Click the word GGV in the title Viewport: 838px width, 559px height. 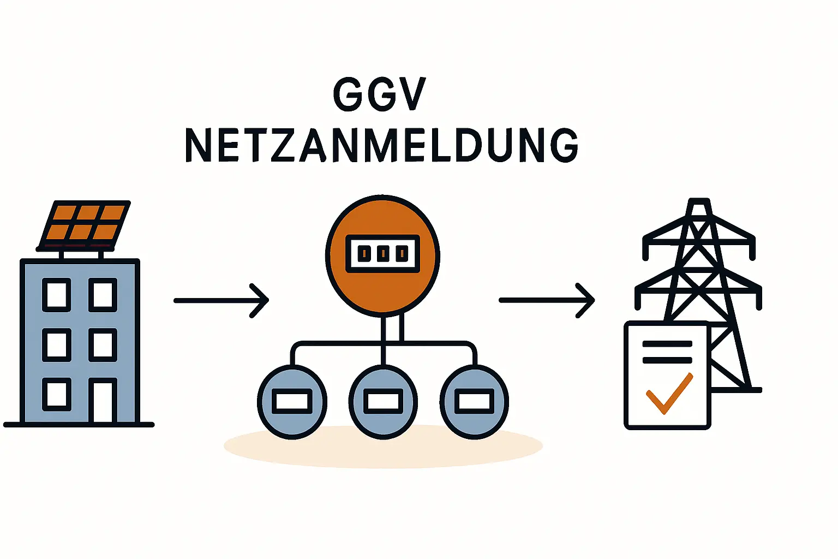[x=379, y=94]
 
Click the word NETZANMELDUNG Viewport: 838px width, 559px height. [x=381, y=145]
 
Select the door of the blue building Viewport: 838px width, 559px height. [x=103, y=401]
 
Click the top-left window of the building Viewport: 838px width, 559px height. [x=57, y=295]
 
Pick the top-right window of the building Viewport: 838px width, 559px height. [x=103, y=295]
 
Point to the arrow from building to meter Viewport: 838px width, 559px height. [x=221, y=300]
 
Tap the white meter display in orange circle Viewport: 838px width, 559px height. [x=383, y=253]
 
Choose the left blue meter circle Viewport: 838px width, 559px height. [x=292, y=402]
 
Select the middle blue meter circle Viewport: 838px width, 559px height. [x=383, y=402]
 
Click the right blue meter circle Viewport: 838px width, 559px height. [x=474, y=402]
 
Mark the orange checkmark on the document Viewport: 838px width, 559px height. [x=669, y=394]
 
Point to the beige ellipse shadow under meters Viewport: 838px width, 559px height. [x=383, y=450]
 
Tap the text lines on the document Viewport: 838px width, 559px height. [x=667, y=352]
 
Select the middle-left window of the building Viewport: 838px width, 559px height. [x=57, y=345]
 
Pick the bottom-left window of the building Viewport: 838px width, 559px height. [x=57, y=394]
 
